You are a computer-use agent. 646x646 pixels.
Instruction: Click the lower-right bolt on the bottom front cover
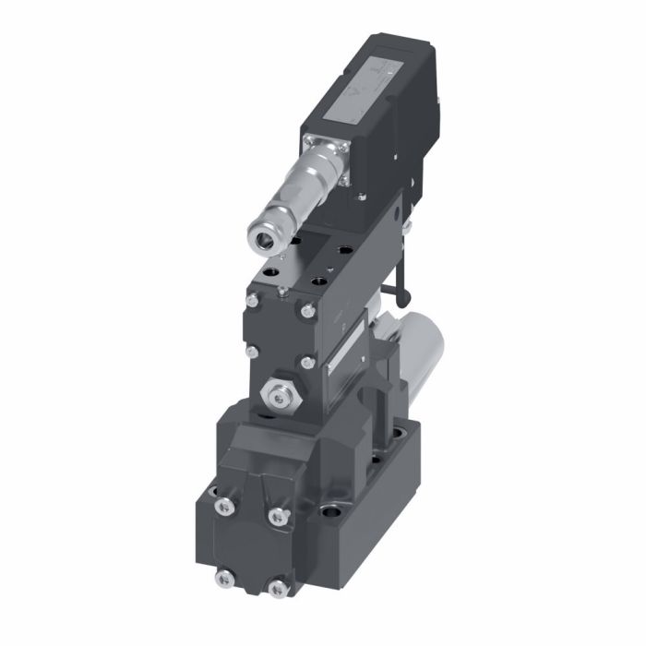pyautogui.click(x=276, y=588)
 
